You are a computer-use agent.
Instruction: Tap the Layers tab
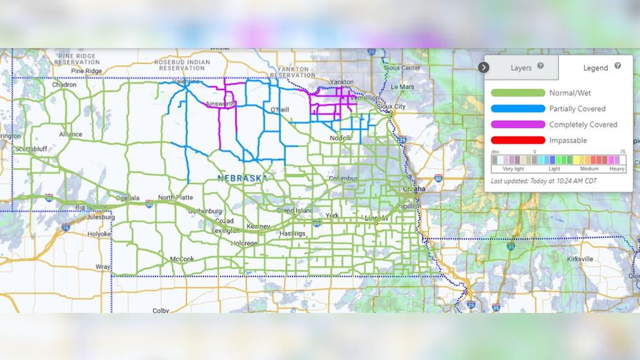tap(521, 68)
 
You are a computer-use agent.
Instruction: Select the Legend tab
tap(596, 68)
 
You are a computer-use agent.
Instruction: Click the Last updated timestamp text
tap(543, 180)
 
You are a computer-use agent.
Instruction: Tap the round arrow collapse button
tap(484, 67)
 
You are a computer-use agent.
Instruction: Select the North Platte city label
tap(175, 197)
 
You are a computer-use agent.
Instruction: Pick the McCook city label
tap(182, 259)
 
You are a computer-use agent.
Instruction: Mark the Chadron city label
tap(64, 84)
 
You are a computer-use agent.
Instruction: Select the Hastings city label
tap(292, 233)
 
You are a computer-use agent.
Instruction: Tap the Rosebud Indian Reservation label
tap(182, 65)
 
